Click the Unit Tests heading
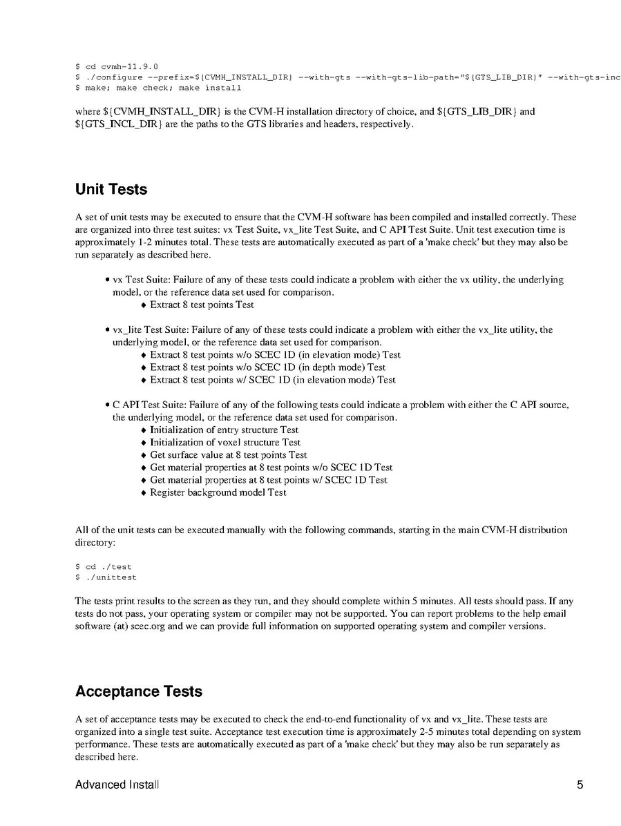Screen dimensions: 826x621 pos(111,189)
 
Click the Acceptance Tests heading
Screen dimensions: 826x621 pos(138,691)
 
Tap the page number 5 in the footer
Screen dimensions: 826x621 pos(580,785)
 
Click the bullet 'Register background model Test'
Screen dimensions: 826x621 pos(218,492)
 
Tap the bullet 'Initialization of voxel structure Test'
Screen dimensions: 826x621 pos(225,442)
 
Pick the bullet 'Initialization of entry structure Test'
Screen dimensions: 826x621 pos(224,430)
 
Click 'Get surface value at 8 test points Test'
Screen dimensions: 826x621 pos(228,455)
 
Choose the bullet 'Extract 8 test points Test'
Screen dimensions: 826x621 pos(202,305)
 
